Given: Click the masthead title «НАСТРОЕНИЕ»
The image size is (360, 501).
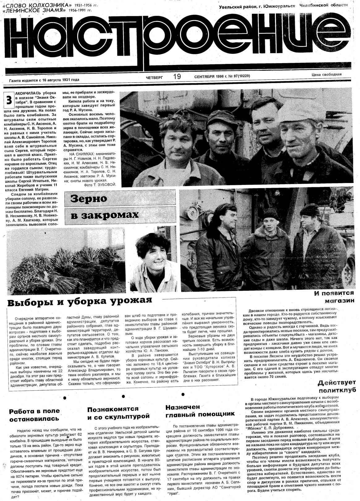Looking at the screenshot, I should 179,40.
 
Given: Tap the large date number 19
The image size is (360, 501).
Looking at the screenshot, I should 177,76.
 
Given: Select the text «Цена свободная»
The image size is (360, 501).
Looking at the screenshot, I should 326,74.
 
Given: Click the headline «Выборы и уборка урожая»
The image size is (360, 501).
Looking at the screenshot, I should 80,301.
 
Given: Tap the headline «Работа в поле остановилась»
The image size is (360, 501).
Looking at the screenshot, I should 34,415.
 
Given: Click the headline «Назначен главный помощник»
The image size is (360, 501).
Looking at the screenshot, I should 200,411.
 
